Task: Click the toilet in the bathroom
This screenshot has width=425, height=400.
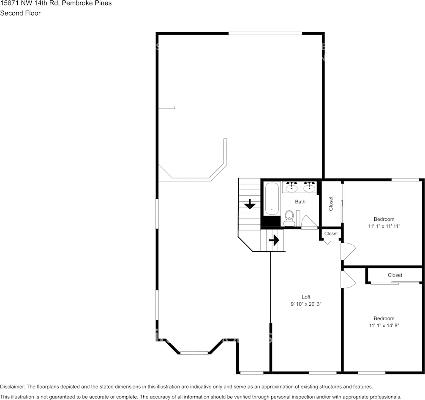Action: (289, 218)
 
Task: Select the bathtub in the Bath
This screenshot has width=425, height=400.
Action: (272, 198)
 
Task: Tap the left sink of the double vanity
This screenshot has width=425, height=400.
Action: (292, 187)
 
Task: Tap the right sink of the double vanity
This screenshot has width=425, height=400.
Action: (309, 187)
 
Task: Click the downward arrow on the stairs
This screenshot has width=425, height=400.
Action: (250, 204)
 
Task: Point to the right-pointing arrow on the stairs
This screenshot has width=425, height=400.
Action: (274, 240)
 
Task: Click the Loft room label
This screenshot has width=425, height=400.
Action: (306, 297)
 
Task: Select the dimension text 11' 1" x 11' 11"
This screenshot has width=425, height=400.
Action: (384, 226)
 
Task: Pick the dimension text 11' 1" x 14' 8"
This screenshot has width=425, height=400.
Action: (384, 326)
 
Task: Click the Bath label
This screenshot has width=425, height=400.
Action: (300, 202)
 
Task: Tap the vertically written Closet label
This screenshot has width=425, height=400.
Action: (331, 203)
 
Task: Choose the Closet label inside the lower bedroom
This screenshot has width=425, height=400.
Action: (395, 275)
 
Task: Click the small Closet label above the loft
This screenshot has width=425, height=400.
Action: (331, 233)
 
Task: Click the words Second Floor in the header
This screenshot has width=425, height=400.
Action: (20, 13)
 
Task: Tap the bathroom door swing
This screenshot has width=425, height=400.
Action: (308, 222)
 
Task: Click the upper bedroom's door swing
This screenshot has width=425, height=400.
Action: (349, 251)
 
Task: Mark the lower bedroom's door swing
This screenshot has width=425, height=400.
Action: (349, 279)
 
